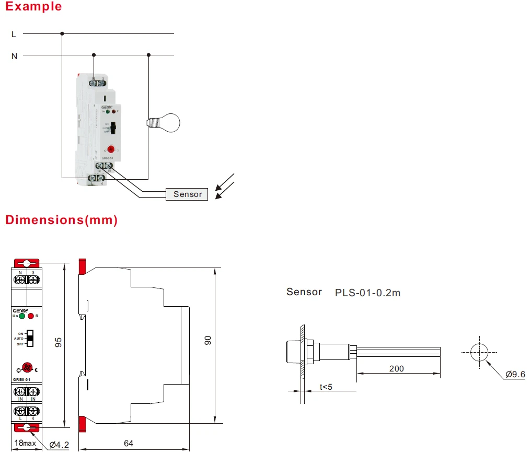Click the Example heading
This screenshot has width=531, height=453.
[33, 7]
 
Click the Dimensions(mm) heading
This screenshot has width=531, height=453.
[62, 220]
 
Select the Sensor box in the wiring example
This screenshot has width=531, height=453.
[187, 194]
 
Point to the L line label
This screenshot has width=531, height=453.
[14, 34]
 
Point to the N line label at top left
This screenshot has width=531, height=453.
[14, 56]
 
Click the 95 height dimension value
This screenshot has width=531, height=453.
[59, 342]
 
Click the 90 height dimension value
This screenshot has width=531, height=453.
[207, 340]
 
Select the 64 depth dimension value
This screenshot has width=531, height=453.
[128, 444]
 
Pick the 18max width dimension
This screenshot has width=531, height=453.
[25, 444]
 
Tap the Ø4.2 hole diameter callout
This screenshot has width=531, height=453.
[59, 445]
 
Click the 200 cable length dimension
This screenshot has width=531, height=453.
[397, 368]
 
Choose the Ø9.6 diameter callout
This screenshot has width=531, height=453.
[515, 374]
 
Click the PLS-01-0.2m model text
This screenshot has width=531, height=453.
[367, 293]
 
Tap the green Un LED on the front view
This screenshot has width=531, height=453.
[22, 316]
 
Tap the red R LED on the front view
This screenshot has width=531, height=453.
[31, 316]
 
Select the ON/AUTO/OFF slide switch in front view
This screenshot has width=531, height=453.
[30, 338]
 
